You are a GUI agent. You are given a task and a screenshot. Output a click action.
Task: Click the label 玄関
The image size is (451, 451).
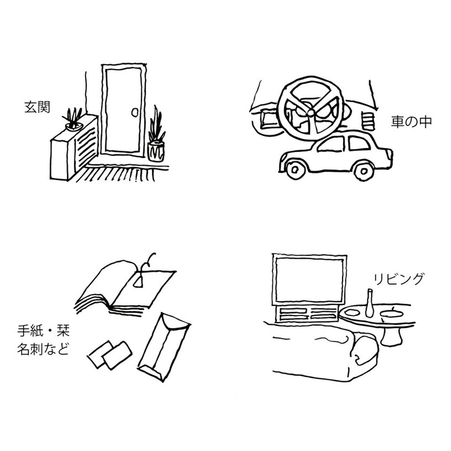[37, 108]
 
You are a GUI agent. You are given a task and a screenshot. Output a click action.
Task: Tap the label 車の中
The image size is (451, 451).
[411, 122]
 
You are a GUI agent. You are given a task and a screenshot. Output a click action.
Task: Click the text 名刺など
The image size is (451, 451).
[43, 350]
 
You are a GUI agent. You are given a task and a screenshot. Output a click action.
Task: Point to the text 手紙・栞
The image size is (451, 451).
[43, 333]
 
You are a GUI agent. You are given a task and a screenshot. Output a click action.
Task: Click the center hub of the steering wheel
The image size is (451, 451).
[310, 112]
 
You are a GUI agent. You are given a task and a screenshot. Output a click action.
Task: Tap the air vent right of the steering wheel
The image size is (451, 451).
[368, 120]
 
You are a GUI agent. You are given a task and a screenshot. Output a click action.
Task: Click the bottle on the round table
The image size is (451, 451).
[369, 303]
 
